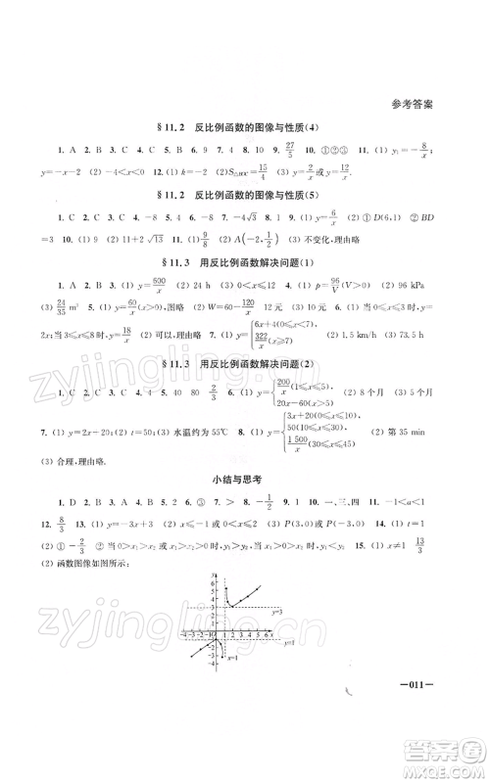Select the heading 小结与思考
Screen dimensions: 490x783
245,478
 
